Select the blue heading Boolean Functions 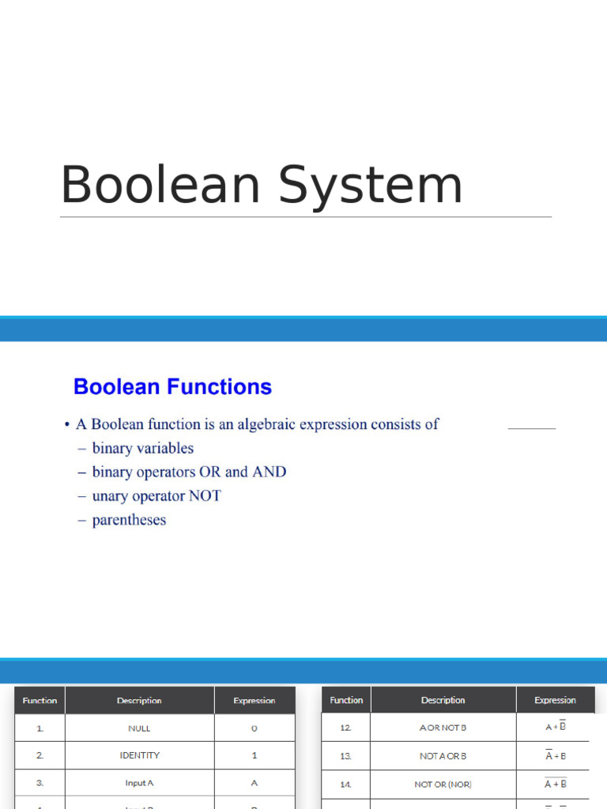pyautogui.click(x=172, y=387)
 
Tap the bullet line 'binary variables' pyautogui.click(x=142, y=448)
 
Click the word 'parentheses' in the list pyautogui.click(x=129, y=520)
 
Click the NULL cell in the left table pyautogui.click(x=139, y=728)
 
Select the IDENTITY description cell pyautogui.click(x=139, y=755)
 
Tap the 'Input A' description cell pyautogui.click(x=139, y=783)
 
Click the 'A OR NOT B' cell pyautogui.click(x=443, y=728)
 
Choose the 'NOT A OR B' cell pyautogui.click(x=443, y=756)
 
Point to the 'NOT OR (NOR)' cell pyautogui.click(x=443, y=785)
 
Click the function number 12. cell pyautogui.click(x=345, y=728)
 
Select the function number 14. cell pyautogui.click(x=345, y=785)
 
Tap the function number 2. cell pyautogui.click(x=40, y=755)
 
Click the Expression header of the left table pyautogui.click(x=254, y=701)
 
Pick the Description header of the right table pyautogui.click(x=443, y=700)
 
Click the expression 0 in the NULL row pyautogui.click(x=254, y=728)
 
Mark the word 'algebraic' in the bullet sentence pyautogui.click(x=278, y=424)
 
